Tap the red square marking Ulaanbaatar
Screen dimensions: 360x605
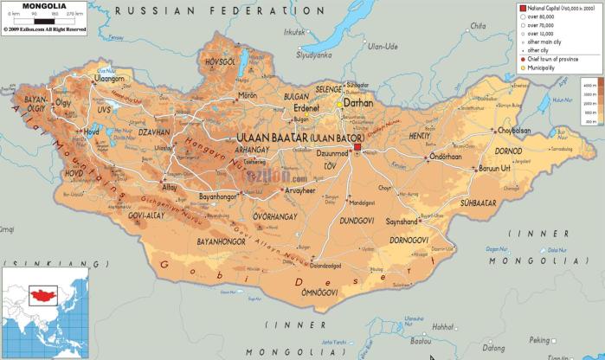357,151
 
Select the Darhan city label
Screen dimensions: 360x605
358,101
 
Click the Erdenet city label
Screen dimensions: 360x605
306,108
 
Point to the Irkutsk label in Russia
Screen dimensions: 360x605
294,32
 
